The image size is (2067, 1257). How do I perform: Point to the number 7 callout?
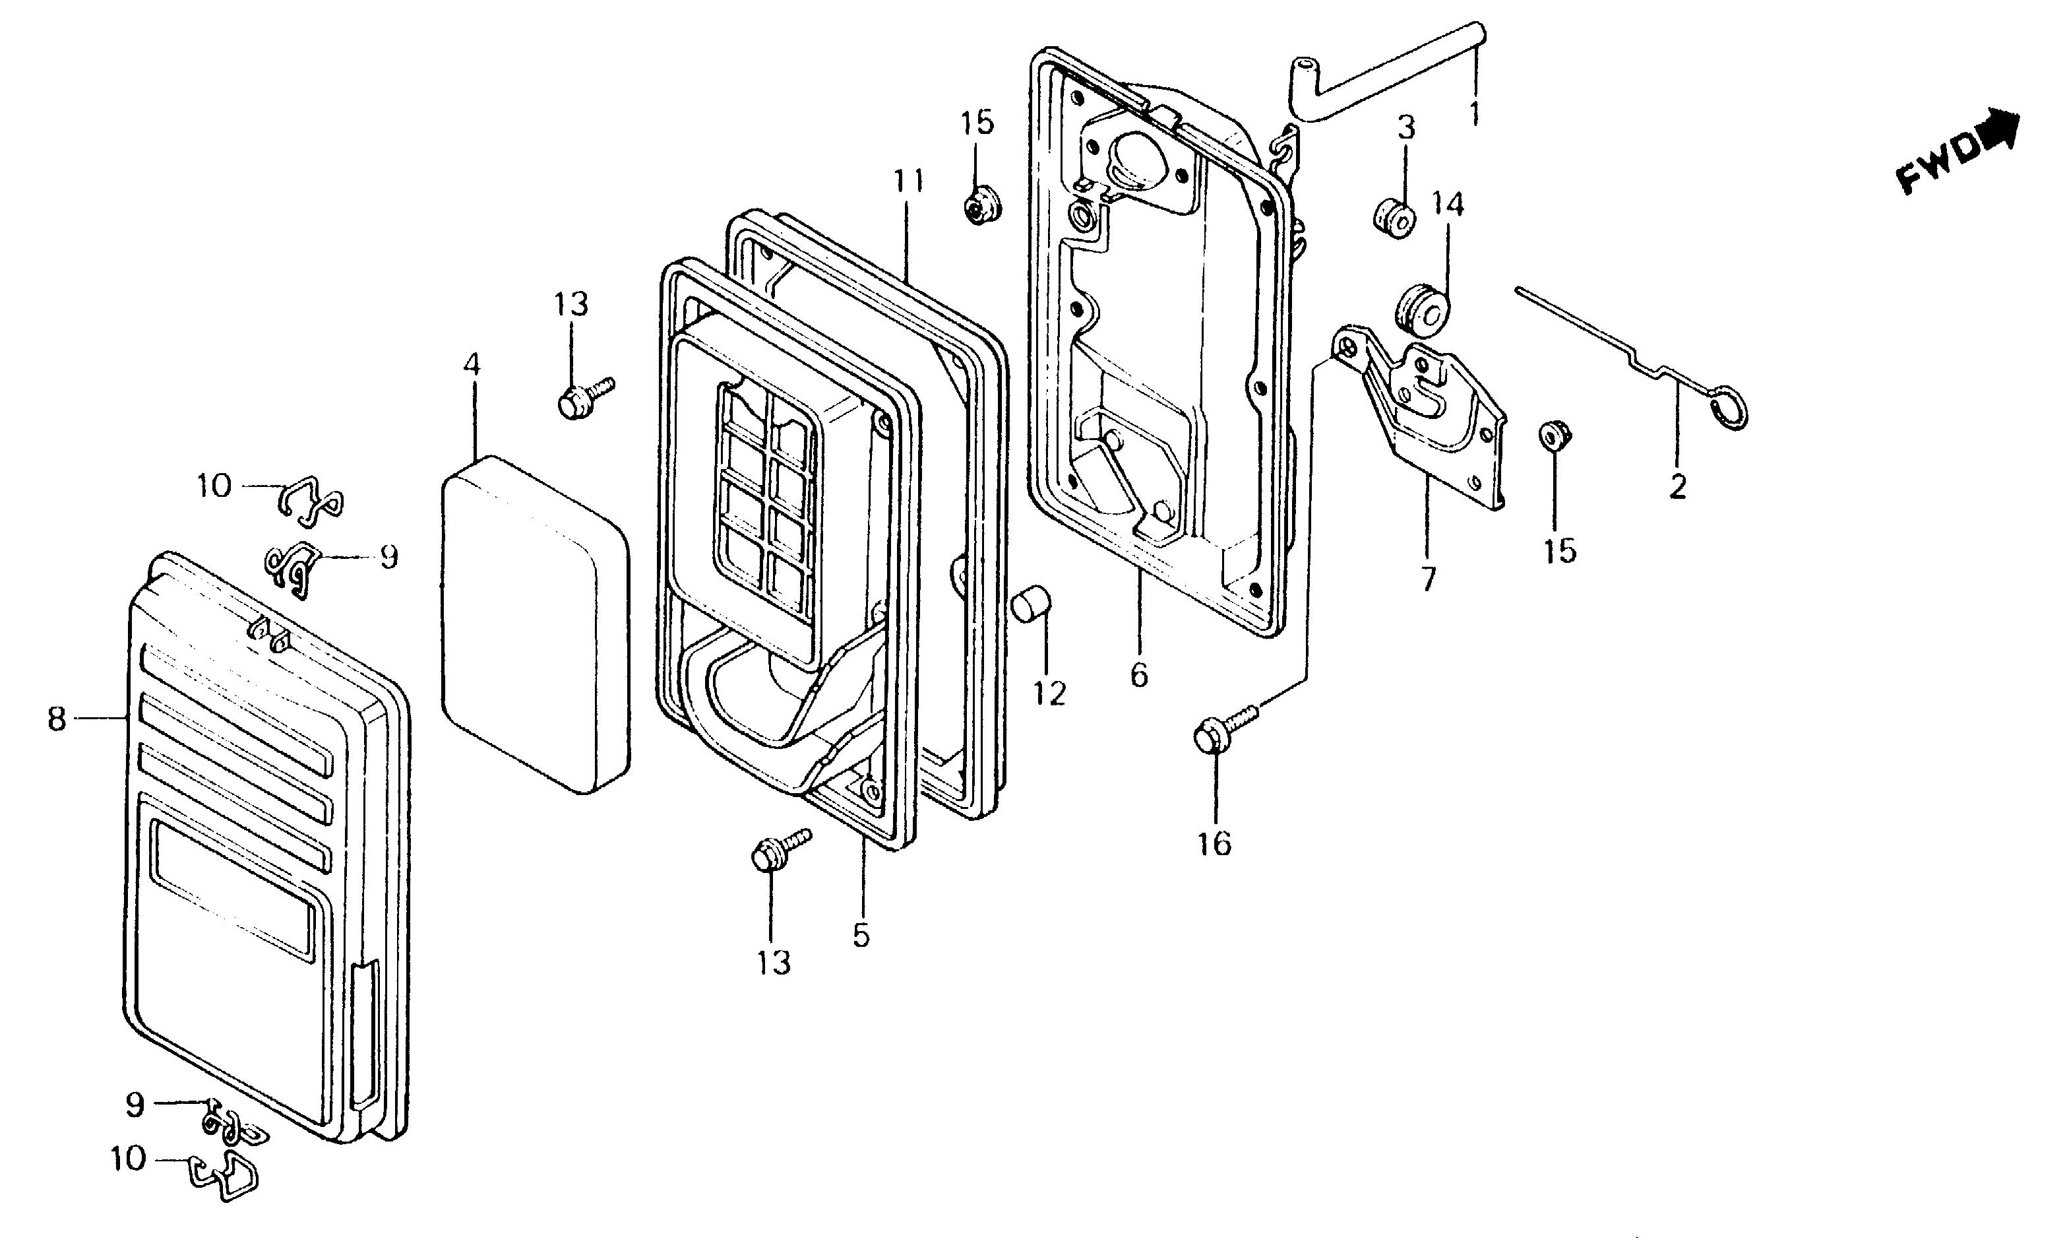pyautogui.click(x=1429, y=578)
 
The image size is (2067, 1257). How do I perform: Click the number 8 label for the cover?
pyautogui.click(x=56, y=719)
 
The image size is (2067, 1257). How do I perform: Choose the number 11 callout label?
pyautogui.click(x=908, y=181)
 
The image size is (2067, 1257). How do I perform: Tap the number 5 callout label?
pyautogui.click(x=861, y=935)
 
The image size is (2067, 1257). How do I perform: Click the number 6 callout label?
pyautogui.click(x=1138, y=674)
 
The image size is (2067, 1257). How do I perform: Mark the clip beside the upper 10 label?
pyautogui.click(x=308, y=501)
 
